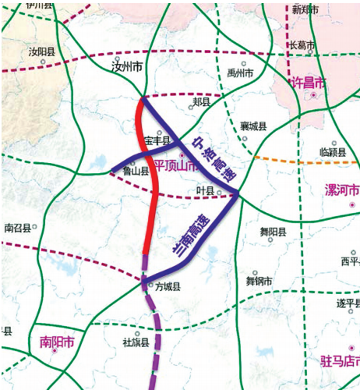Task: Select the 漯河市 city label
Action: (x=341, y=190)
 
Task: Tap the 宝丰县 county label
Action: (x=158, y=141)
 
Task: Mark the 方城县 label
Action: (x=168, y=286)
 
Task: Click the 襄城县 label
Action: (x=253, y=126)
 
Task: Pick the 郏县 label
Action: (x=201, y=102)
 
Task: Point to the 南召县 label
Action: (x=17, y=229)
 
